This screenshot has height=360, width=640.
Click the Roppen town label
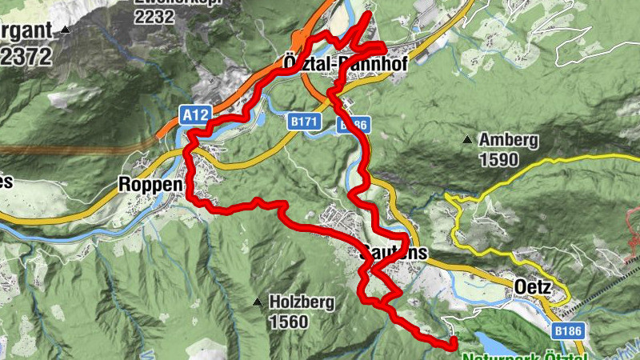tap(152, 183)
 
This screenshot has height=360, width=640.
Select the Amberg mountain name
tap(508, 140)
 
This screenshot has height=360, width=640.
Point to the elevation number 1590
tap(498, 158)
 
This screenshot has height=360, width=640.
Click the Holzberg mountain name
tap(300, 302)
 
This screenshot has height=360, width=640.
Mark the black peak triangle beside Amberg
tap(466, 141)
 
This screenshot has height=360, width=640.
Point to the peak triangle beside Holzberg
tap(257, 302)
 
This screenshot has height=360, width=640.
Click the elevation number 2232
tap(154, 15)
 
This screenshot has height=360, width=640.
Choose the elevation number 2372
tap(26, 56)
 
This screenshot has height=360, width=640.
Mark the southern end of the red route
tap(454, 344)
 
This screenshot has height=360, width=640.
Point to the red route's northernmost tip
tap(367, 14)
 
